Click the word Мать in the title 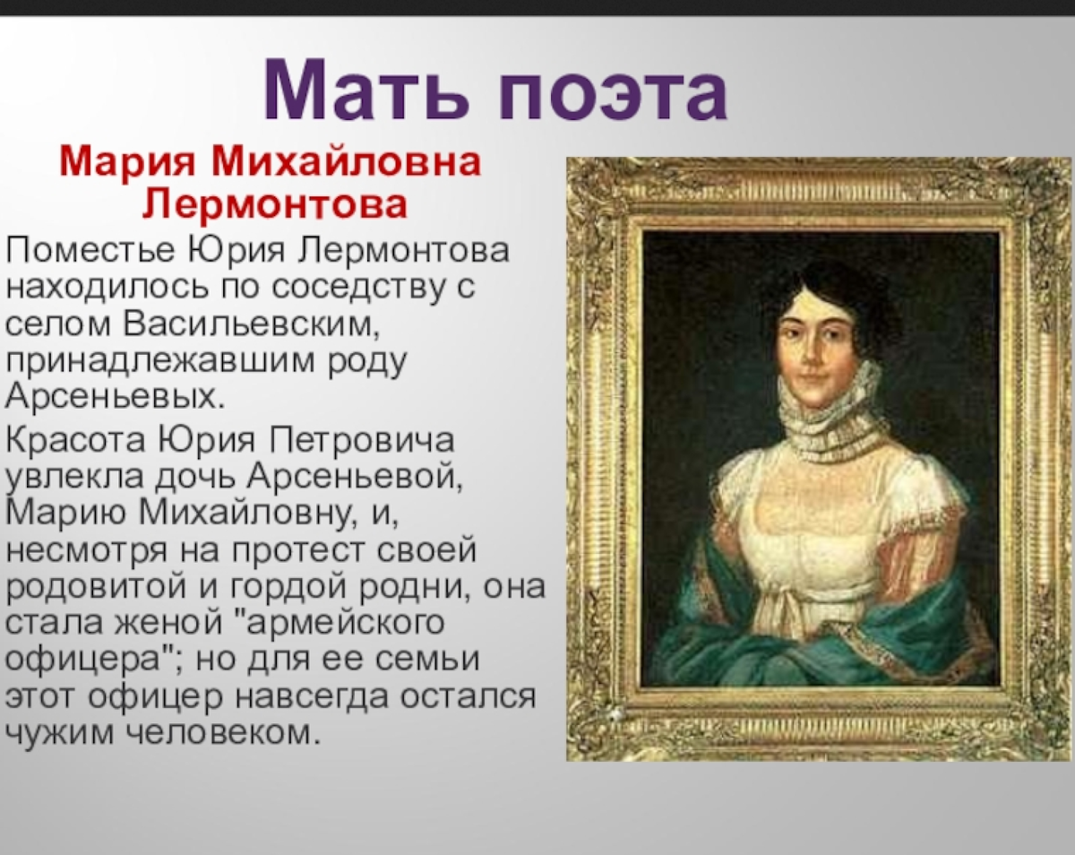366,90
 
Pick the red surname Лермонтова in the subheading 275,205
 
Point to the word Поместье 90,249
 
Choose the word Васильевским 251,324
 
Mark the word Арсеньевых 115,397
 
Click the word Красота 76,440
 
